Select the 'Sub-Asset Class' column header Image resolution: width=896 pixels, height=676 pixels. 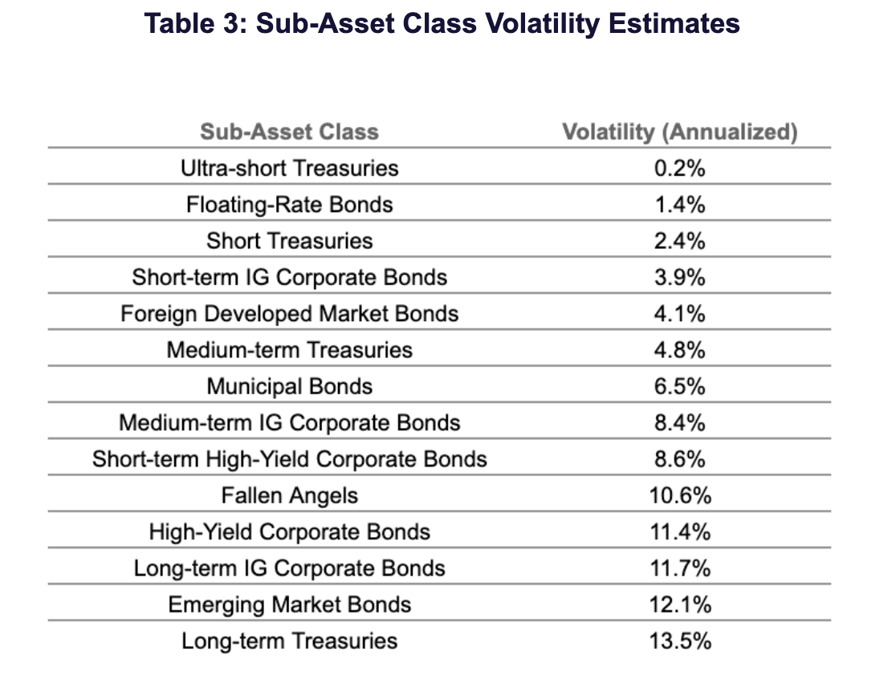289,132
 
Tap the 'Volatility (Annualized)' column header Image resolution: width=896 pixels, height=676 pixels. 680,132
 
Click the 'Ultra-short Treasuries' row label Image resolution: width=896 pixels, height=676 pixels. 289,168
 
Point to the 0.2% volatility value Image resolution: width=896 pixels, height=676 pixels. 680,168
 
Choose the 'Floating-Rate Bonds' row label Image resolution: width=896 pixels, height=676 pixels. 289,205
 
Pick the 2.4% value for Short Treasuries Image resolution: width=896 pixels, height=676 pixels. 680,241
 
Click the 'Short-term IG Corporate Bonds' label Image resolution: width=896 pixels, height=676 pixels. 289,278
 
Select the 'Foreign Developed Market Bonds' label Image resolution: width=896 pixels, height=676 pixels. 289,314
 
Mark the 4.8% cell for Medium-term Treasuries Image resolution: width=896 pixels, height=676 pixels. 680,350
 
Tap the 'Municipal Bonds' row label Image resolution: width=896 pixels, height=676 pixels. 289,387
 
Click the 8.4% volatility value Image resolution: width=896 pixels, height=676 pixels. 680,423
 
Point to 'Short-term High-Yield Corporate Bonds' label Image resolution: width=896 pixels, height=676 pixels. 289,459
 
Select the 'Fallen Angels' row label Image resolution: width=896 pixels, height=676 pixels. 289,496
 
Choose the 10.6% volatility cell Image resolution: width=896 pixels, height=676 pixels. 680,496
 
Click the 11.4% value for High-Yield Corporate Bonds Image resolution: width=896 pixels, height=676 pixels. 680,532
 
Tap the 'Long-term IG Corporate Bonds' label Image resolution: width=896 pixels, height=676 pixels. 289,568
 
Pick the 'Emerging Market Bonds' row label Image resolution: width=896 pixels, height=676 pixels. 289,605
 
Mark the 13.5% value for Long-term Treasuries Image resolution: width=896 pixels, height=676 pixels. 680,641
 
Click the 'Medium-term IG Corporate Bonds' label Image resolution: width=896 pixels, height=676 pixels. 289,423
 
